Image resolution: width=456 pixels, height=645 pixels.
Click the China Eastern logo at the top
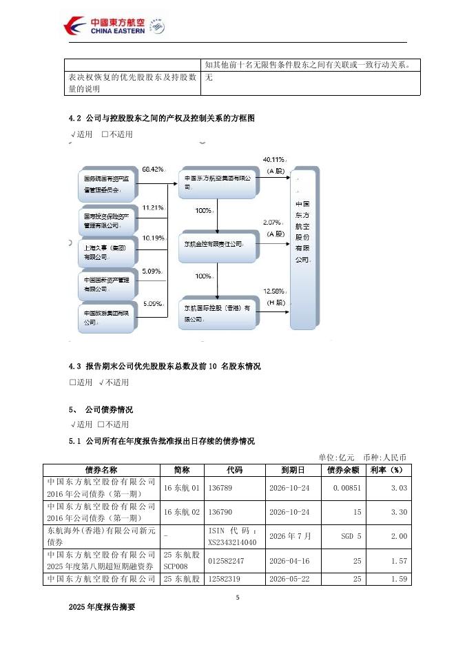tap(113, 26)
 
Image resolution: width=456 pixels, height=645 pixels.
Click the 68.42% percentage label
tap(153, 169)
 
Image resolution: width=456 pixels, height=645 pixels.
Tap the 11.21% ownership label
tap(153, 207)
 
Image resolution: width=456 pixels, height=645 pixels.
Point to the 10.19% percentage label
tap(153, 238)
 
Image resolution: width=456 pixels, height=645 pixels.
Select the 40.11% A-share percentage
tap(275, 160)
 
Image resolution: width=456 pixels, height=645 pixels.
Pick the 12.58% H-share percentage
tap(274, 291)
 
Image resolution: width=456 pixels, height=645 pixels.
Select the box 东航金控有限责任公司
tap(217, 243)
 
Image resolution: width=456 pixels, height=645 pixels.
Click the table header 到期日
tap(293, 469)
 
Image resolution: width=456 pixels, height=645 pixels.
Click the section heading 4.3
tap(165, 367)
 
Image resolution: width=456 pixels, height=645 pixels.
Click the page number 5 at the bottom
tap(237, 597)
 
